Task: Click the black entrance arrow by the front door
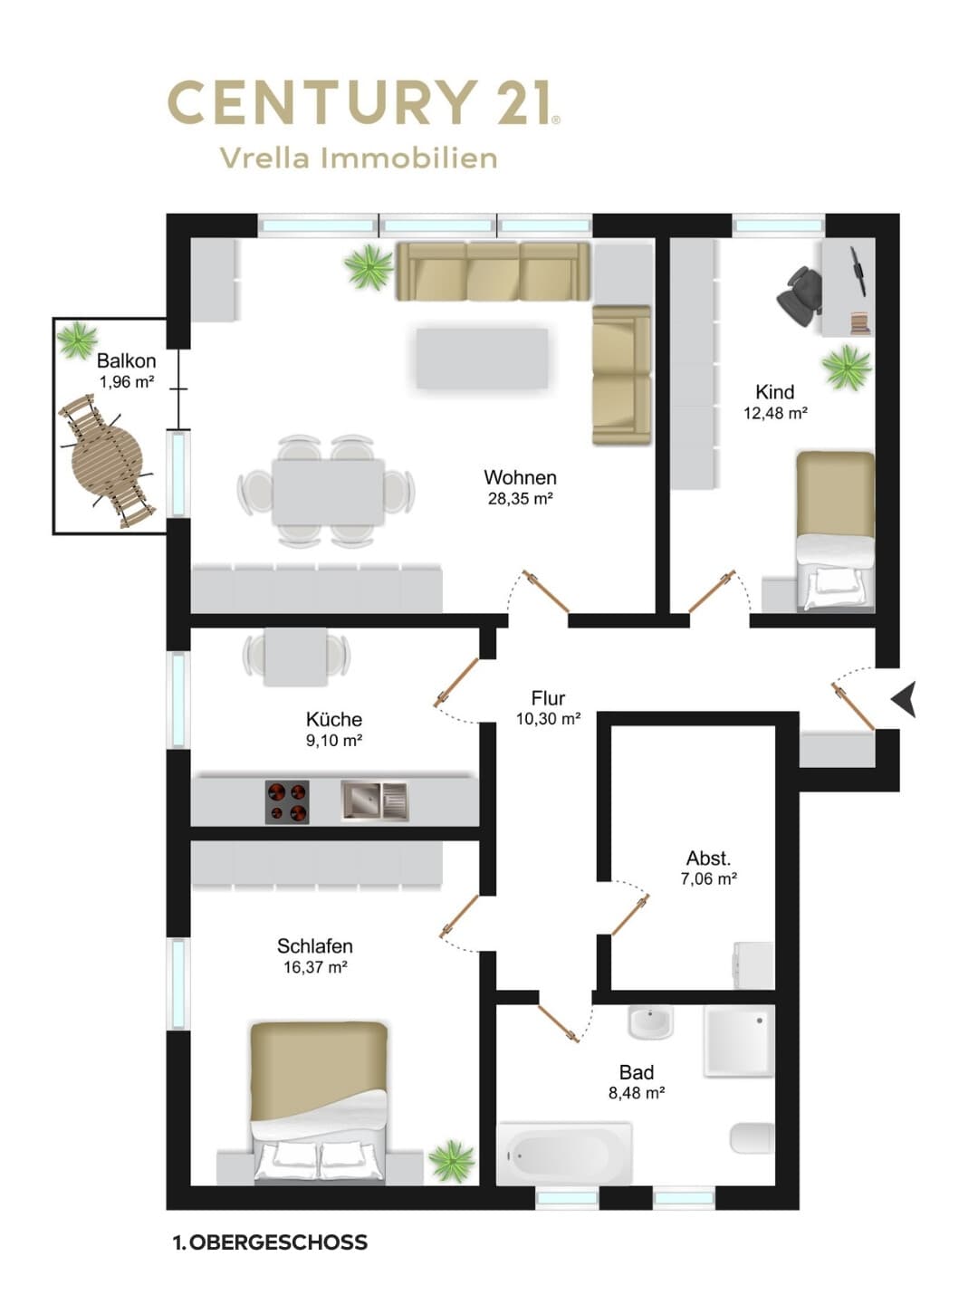coord(905,699)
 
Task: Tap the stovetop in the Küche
coord(287,801)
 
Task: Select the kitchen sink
coord(375,801)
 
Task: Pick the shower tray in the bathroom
coord(739,1040)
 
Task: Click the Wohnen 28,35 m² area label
coord(520,487)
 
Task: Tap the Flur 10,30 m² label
coord(548,707)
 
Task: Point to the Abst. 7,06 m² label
coord(708,868)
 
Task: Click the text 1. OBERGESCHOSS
coord(270,1242)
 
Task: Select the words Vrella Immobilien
coord(359,158)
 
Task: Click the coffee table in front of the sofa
coord(482,359)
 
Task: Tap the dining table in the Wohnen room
coord(328,492)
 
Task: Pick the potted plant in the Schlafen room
coord(453,1160)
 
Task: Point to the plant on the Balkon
coord(78,340)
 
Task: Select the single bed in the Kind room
coord(836,531)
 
